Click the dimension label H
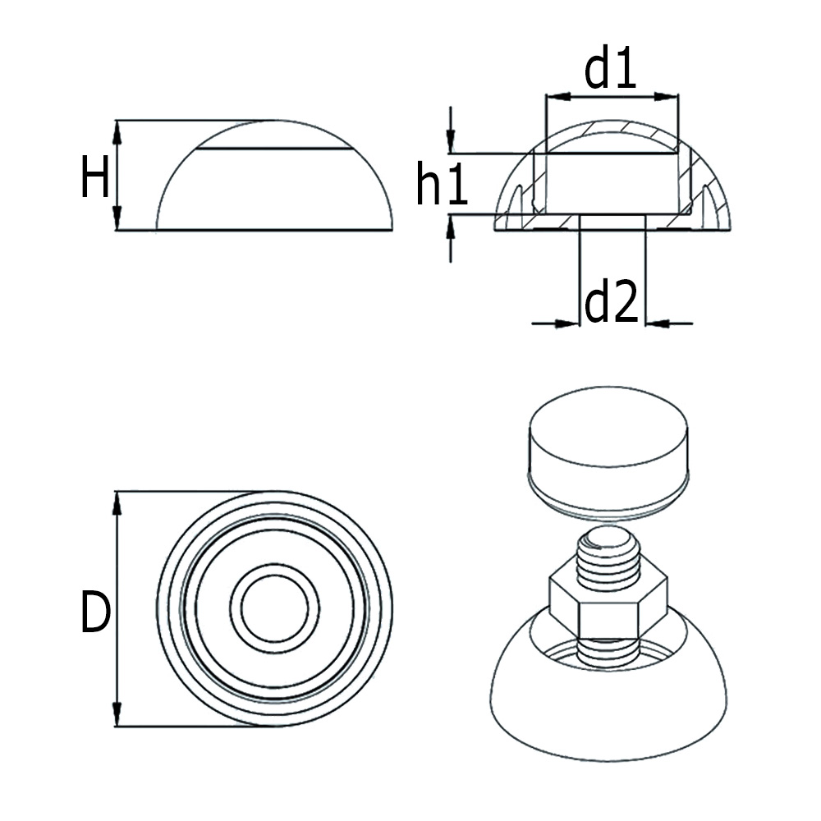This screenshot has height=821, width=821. pyautogui.click(x=94, y=178)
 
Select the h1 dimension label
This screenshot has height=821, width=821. pyautogui.click(x=441, y=185)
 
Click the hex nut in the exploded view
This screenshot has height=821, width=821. pyautogui.click(x=607, y=600)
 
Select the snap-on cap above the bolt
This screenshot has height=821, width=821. pyautogui.click(x=608, y=452)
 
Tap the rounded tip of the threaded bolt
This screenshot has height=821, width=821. pyautogui.click(x=607, y=539)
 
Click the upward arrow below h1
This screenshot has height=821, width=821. pyautogui.click(x=450, y=227)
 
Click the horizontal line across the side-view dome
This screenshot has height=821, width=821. pyautogui.click(x=274, y=149)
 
